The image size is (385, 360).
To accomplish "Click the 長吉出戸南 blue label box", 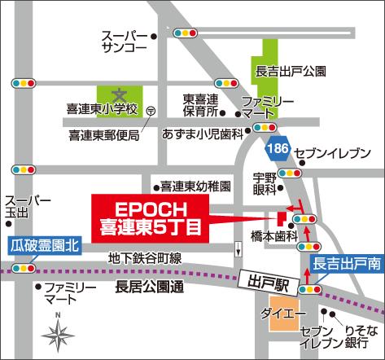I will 347,264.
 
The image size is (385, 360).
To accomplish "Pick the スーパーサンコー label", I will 124,42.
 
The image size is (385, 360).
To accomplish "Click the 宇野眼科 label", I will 264,182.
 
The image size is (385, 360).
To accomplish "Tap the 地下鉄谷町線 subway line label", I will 145,258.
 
